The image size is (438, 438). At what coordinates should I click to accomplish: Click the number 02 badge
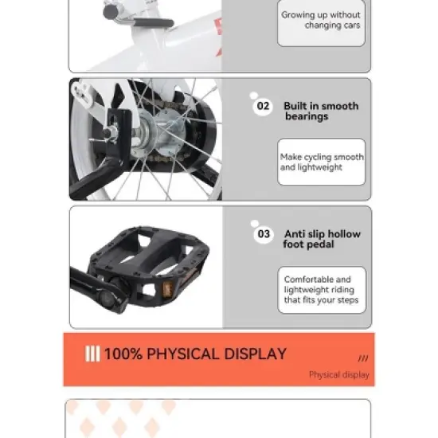263,107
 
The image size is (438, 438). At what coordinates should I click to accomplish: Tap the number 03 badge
264,234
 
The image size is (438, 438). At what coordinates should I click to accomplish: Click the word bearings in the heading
307,117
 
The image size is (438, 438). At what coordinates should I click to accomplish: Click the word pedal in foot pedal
321,244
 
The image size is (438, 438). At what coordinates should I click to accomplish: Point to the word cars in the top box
352,25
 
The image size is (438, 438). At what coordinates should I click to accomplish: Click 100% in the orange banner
123,354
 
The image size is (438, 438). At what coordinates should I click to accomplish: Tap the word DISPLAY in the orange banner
256,354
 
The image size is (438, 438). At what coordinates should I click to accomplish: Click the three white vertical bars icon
92,354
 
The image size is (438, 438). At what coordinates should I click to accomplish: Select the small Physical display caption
339,374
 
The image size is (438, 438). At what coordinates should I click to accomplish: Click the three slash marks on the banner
363,358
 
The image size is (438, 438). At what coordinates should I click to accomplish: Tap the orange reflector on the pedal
167,289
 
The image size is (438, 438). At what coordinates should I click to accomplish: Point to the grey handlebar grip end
111,12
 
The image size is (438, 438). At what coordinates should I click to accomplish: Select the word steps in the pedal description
348,300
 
